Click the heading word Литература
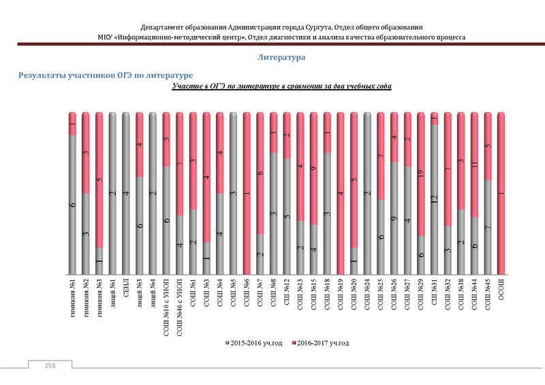click(281, 58)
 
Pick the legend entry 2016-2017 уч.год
click(318, 343)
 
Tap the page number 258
click(50, 366)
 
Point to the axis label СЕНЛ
click(127, 285)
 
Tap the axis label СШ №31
click(435, 288)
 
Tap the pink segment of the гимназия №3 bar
click(99, 180)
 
